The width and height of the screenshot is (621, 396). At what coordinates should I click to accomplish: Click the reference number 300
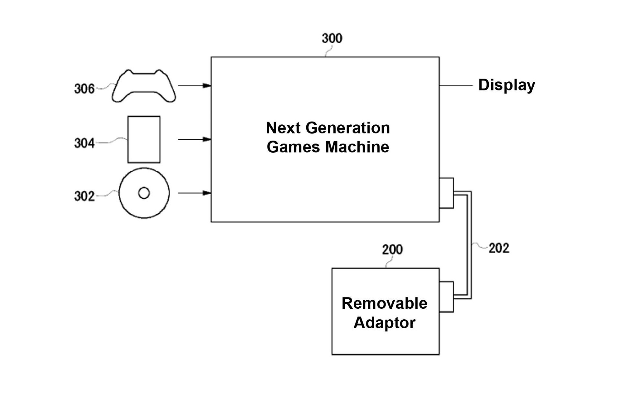tap(332, 38)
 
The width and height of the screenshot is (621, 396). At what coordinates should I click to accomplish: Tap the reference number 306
tap(84, 89)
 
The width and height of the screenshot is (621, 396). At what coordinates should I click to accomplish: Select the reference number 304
tap(84, 143)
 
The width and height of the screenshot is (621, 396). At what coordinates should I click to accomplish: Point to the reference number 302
tap(84, 196)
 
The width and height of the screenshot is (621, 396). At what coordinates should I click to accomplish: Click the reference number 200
tap(392, 250)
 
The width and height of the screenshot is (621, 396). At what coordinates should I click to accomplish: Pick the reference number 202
tap(499, 248)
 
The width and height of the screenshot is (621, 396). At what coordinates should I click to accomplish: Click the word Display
tap(507, 85)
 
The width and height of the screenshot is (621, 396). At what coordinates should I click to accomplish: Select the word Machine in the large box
tap(357, 147)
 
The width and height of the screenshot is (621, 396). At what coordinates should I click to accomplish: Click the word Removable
tap(384, 304)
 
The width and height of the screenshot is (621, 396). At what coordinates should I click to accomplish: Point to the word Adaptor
tap(384, 323)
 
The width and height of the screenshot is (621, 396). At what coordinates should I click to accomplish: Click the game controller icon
tap(144, 86)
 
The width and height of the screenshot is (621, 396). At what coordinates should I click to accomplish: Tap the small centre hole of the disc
tap(144, 193)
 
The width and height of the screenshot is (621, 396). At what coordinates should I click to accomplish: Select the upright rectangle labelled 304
tap(144, 140)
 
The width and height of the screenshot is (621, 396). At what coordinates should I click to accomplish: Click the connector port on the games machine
tap(446, 193)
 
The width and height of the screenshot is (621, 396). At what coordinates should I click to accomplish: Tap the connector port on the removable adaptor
tap(446, 297)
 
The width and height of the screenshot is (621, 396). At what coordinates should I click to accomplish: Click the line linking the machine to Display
tap(456, 86)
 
